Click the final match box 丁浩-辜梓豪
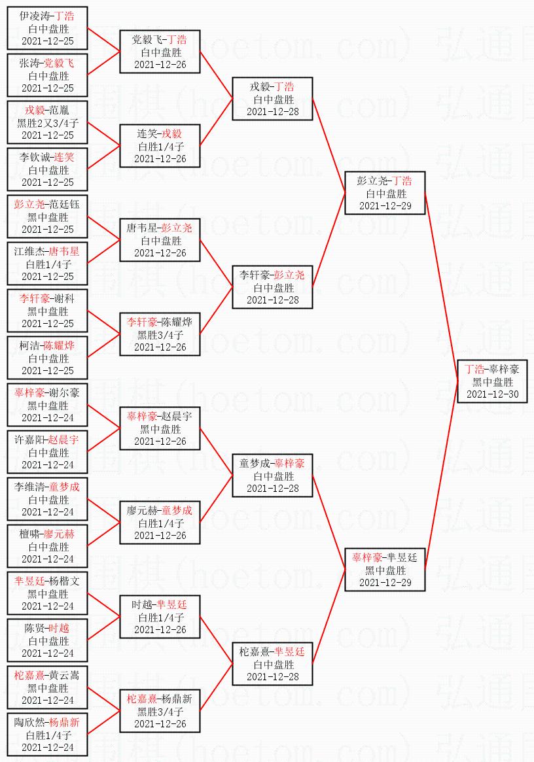[x=492, y=381]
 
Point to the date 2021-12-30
[x=492, y=394]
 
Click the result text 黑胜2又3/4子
[x=48, y=123]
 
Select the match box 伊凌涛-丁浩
[x=47, y=28]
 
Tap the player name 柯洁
[x=29, y=345]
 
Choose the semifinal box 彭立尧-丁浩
[x=385, y=193]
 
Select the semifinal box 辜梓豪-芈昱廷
[x=385, y=570]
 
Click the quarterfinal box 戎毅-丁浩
[x=272, y=99]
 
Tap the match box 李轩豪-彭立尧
[x=272, y=287]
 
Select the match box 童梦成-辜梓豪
[x=272, y=476]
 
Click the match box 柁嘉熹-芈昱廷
[x=272, y=664]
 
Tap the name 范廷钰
[x=64, y=204]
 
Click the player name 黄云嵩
[x=64, y=675]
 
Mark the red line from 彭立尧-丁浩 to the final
[x=442, y=287]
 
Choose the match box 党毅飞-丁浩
[x=160, y=52]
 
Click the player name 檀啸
[x=29, y=534]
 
